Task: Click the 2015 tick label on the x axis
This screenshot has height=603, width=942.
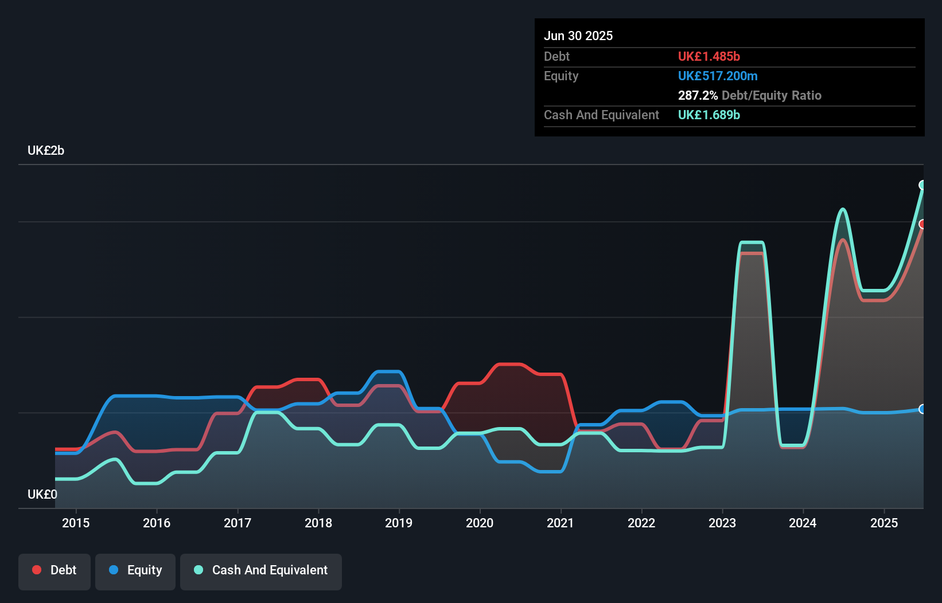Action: click(76, 523)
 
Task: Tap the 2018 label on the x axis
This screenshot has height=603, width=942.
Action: click(318, 523)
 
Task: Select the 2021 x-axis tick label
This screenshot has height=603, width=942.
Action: click(560, 523)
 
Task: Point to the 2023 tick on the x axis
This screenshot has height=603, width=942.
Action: click(722, 523)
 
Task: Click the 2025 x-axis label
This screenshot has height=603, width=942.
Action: click(884, 523)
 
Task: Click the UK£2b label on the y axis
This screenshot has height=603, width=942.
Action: click(46, 151)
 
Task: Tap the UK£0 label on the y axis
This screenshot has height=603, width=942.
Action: click(42, 494)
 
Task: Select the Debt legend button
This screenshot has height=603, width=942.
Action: click(55, 570)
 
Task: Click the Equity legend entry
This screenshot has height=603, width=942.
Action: click(135, 570)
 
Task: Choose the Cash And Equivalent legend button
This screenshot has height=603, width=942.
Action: click(261, 570)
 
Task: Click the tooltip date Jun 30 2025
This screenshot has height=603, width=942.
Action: click(578, 36)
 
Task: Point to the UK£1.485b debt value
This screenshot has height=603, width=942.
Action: click(709, 56)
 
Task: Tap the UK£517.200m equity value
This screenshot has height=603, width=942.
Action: click(718, 76)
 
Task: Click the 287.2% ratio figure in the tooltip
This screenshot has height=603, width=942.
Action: click(698, 95)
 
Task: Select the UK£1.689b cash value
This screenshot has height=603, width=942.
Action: click(709, 115)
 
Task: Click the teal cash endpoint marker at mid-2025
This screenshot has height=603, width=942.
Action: click(922, 185)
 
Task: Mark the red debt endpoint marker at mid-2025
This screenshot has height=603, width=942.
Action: click(922, 224)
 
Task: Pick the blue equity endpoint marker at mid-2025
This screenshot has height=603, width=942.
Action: click(922, 409)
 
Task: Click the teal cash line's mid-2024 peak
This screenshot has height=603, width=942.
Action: click(842, 209)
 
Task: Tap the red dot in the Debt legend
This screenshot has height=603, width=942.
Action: click(37, 570)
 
